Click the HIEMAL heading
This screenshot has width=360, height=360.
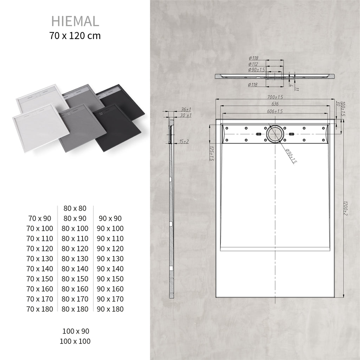coord(75,21)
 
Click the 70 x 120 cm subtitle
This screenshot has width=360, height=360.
coord(75,36)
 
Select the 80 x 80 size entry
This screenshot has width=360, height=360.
coord(75,208)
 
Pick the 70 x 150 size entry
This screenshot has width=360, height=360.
coord(40,279)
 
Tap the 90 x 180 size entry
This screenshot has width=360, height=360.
coord(110,309)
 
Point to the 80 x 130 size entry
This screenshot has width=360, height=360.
coord(75,259)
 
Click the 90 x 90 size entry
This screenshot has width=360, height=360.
coord(110,219)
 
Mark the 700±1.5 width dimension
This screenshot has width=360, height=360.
coord(275,97)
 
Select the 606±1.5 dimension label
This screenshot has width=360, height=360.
coord(275,111)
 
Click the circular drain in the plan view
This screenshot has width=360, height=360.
coord(274,134)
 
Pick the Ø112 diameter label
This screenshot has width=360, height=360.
coord(253,64)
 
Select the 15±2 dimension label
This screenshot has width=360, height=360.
coord(184,141)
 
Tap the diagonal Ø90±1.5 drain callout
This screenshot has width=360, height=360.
coord(291,156)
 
